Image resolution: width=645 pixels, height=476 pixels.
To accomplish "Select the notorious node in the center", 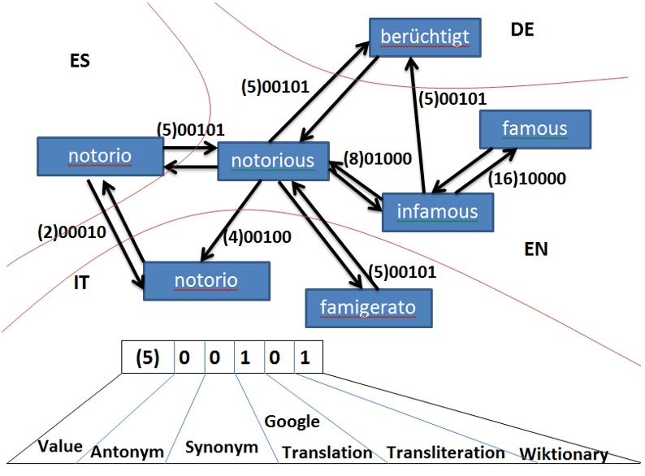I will pos(272,160).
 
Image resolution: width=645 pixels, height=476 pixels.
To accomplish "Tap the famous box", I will pos(535,128).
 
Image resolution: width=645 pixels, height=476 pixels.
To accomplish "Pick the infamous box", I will pos(437,211).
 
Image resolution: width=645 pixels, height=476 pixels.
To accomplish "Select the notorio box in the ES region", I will pos(100,155).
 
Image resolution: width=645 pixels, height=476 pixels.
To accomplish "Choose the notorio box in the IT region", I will pos(206,280).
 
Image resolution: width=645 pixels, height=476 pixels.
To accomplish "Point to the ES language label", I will pos(79,61).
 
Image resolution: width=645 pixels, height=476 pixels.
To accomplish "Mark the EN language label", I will pos(535,249).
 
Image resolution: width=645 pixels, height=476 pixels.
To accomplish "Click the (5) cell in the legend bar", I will pos(148,357).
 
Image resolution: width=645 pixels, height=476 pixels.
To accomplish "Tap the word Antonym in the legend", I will pos(127,451).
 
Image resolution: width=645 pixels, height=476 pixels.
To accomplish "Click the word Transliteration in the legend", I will pos(445,452).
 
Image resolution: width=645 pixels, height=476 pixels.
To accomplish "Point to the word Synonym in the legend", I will pos(222,447).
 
